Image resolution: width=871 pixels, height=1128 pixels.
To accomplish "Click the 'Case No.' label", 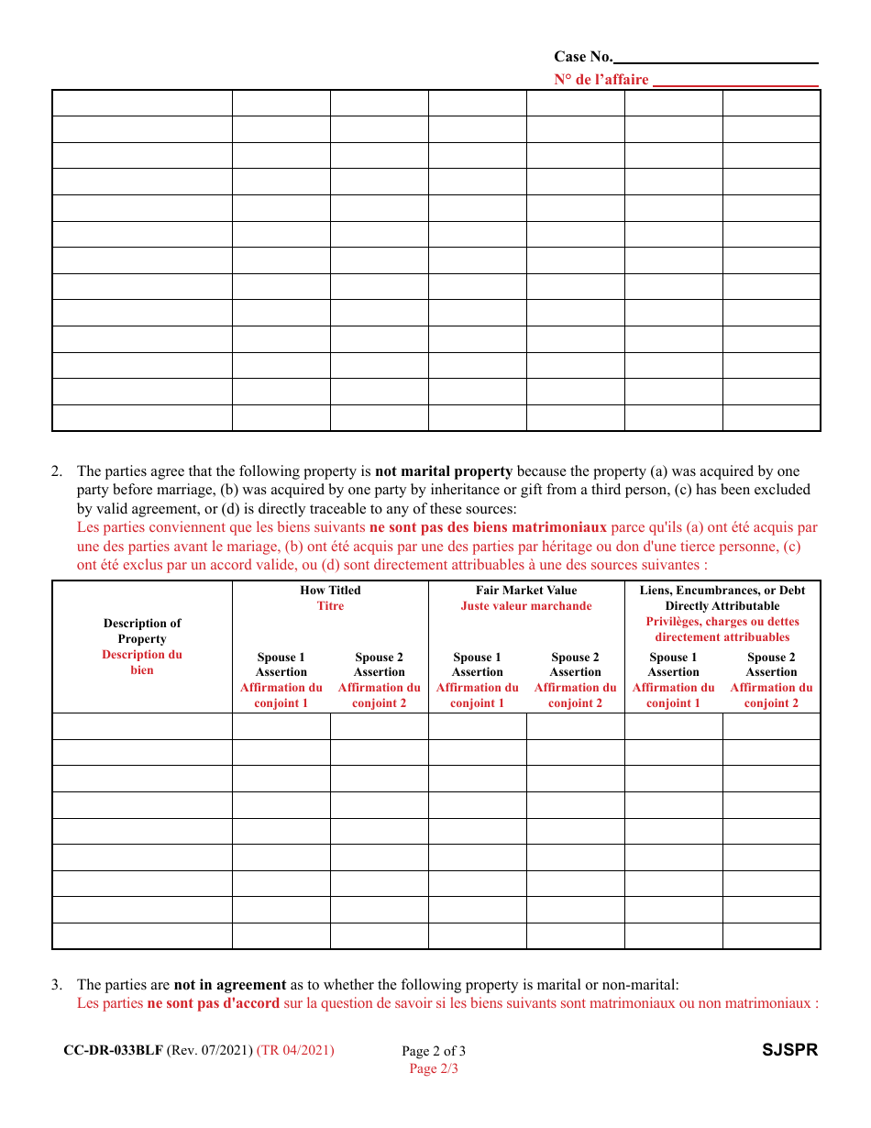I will click(x=582, y=57).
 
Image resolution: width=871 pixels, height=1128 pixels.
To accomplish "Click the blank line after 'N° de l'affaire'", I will click(x=736, y=81).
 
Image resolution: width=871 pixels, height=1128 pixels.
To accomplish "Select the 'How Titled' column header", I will click(x=330, y=591).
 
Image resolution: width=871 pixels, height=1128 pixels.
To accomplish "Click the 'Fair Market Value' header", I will click(x=526, y=591).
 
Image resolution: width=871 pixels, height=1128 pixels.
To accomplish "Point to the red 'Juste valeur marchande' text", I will click(x=526, y=606).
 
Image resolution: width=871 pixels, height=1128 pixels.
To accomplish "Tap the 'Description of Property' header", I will click(x=142, y=631).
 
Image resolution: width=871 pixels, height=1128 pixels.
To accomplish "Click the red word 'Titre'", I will click(x=330, y=606).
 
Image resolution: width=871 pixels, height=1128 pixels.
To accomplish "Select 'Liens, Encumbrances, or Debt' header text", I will click(x=722, y=591).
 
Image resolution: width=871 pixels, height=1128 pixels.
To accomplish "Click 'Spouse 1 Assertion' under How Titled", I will click(x=281, y=665).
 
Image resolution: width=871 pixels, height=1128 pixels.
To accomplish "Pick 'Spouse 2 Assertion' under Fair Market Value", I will click(x=575, y=665).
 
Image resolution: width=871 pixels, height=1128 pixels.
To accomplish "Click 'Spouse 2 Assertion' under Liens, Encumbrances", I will click(x=771, y=665).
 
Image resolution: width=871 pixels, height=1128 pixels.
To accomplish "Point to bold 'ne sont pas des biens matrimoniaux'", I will click(x=488, y=527).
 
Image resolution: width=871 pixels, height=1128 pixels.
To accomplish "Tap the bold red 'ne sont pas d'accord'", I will click(x=213, y=1003).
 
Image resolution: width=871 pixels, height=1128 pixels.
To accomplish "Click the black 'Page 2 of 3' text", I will click(x=434, y=1051).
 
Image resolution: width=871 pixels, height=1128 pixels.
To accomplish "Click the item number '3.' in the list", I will click(x=57, y=985).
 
